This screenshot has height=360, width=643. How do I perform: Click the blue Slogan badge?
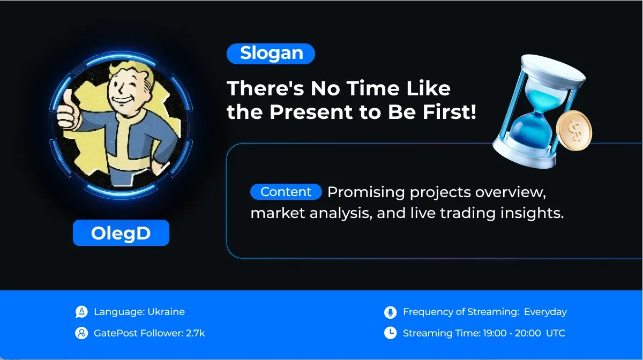click(x=271, y=54)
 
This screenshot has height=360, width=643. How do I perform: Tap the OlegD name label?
click(x=121, y=233)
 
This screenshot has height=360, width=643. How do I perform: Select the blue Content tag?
click(x=286, y=192)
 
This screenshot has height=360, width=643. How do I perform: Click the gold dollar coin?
click(x=574, y=131)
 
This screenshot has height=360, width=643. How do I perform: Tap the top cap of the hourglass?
click(x=553, y=70)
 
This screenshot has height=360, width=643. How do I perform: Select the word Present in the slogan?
click(x=311, y=112)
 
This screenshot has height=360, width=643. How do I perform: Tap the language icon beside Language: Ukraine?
click(x=81, y=312)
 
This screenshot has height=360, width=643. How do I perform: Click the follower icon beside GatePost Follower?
click(x=81, y=333)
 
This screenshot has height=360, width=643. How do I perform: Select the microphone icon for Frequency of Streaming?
click(x=391, y=312)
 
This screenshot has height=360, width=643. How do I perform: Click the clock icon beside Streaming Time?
click(x=391, y=333)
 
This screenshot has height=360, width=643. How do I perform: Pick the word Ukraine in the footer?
click(x=166, y=312)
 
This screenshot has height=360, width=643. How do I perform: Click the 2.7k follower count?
click(x=196, y=333)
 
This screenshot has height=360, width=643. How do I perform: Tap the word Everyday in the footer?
click(x=545, y=312)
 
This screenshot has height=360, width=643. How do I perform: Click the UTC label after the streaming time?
click(x=556, y=333)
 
